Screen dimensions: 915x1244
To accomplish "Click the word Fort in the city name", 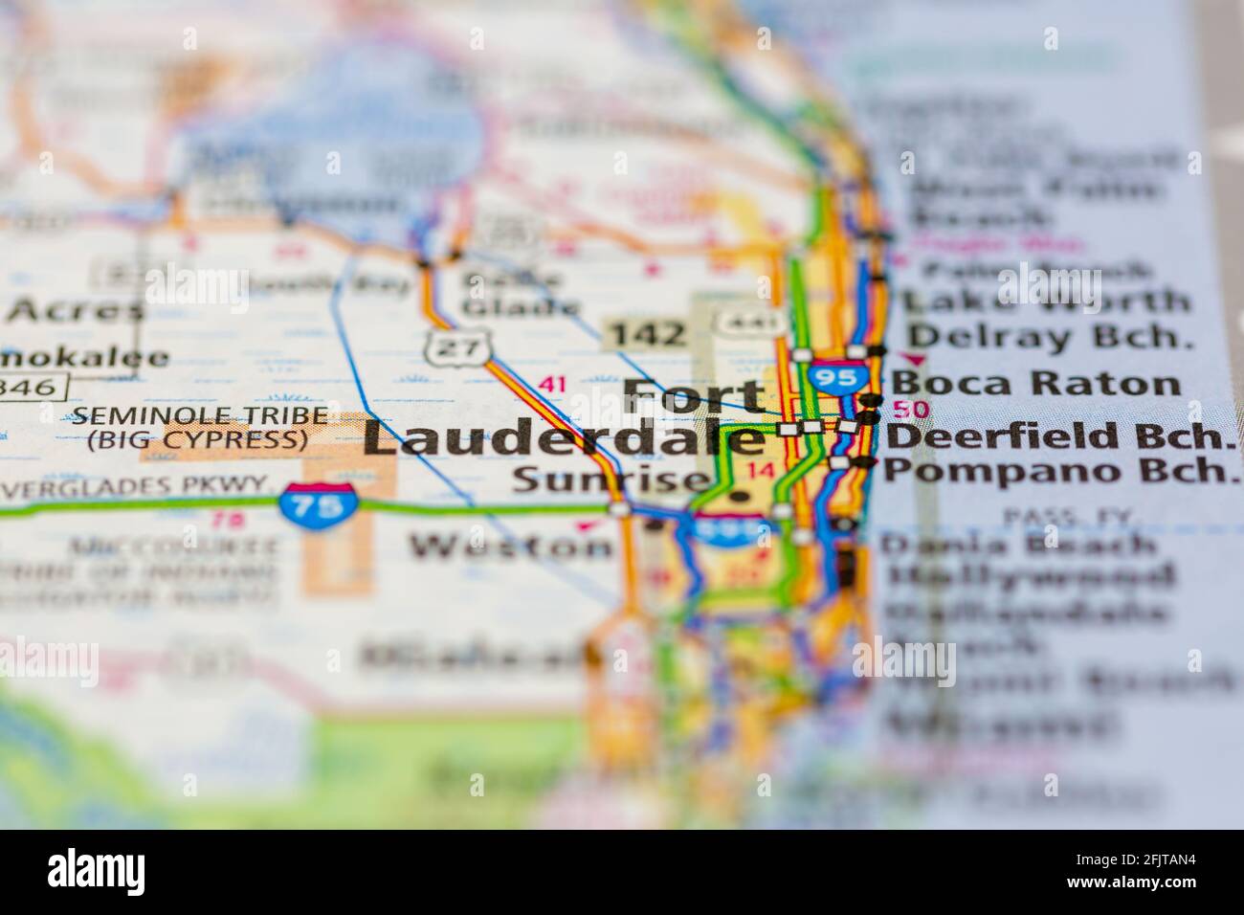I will point(694,395).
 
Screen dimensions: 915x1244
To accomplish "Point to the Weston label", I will point(511,546).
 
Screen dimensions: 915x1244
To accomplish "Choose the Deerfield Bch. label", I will point(1056,436).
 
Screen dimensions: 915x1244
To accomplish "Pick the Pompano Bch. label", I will point(1056,471).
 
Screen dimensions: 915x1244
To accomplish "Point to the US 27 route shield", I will point(447,346).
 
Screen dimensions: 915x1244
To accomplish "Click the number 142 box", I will point(648,334).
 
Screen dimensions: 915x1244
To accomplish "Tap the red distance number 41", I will point(552,385).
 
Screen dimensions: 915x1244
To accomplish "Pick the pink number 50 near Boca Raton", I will point(915,410).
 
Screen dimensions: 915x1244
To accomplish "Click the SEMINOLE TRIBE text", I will point(199,417).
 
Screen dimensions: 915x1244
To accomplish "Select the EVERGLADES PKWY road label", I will point(134,486).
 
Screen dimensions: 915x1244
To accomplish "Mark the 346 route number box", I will point(33,387).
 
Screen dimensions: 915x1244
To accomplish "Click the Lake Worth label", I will point(1047,301).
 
